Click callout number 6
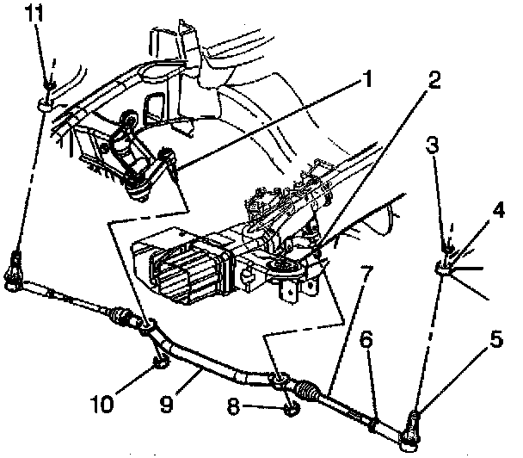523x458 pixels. click(368, 341)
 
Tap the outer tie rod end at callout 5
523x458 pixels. click(411, 431)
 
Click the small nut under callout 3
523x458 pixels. click(448, 251)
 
